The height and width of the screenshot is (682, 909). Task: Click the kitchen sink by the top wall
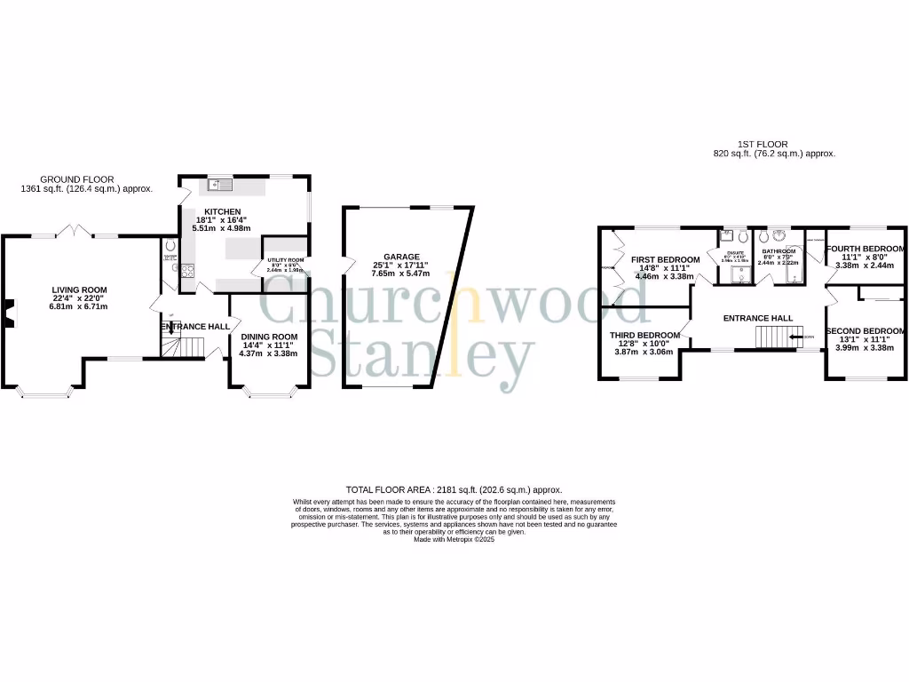click(x=219, y=185)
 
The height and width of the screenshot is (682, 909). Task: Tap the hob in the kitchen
click(x=188, y=272)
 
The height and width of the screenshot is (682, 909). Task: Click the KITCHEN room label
click(x=223, y=211)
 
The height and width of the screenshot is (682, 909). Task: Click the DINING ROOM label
click(x=269, y=337)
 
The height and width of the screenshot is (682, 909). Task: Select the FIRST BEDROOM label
click(x=665, y=260)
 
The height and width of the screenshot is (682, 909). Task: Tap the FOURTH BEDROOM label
click(x=866, y=249)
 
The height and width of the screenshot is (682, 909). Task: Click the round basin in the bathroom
click(x=779, y=235)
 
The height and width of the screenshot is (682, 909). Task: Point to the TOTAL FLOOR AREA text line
click(x=454, y=489)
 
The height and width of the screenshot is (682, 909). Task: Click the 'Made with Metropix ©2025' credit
click(x=454, y=539)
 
